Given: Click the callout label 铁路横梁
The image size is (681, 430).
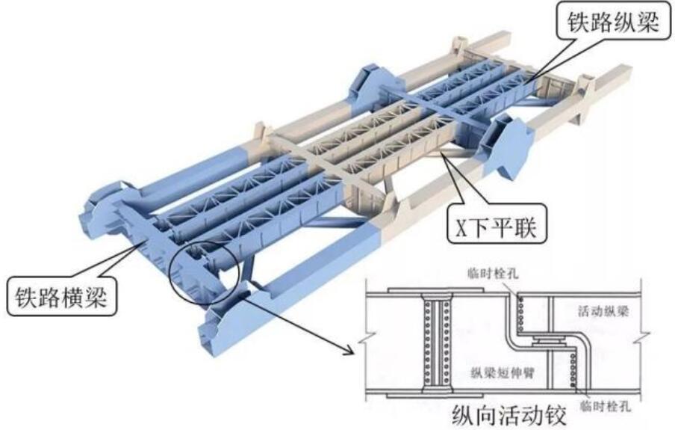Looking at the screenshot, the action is [x=61, y=297].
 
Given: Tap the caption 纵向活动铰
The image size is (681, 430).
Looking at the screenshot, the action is [x=509, y=416].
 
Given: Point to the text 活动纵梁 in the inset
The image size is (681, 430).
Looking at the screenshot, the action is [x=603, y=311].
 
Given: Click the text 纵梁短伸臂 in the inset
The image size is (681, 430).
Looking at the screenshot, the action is [x=503, y=372].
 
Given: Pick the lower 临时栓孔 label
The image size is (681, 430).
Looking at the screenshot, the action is [x=606, y=406].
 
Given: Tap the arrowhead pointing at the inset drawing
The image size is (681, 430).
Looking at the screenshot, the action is [x=350, y=350].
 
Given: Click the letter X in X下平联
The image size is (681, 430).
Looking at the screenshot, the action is [x=461, y=227].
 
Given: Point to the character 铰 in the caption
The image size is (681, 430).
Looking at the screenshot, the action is [x=556, y=416].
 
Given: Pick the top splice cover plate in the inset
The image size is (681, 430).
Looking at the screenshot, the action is [x=436, y=290].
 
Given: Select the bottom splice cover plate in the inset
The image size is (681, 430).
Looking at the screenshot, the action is [x=435, y=396].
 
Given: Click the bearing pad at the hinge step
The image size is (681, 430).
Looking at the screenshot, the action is [x=549, y=341].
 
